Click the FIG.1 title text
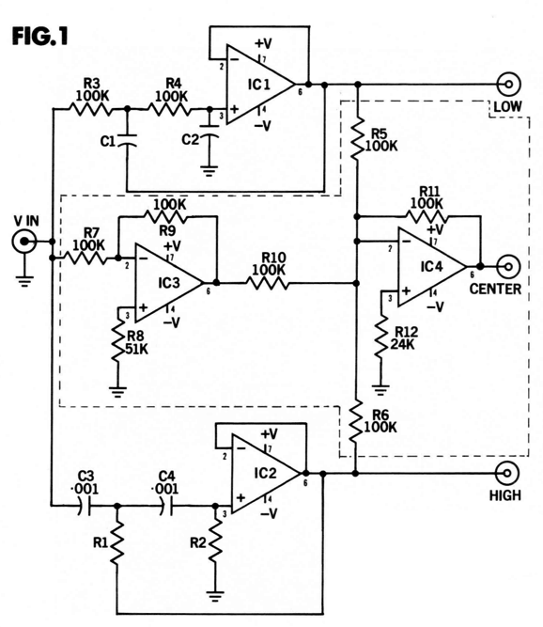point(40,36)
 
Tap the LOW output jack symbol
point(508,85)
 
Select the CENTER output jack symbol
point(508,266)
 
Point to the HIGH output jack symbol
point(506,474)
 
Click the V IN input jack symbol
point(24,242)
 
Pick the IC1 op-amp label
point(259,85)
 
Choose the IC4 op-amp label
point(431,266)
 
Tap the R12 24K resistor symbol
point(381,336)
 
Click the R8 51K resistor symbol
point(118,341)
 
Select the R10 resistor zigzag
point(268,283)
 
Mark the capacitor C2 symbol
point(209,132)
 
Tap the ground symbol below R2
point(216,597)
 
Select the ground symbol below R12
point(380,390)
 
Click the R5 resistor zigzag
point(358,139)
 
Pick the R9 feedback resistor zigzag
point(165,216)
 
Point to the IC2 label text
point(265,474)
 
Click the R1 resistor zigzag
point(117,544)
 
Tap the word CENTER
point(495,289)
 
